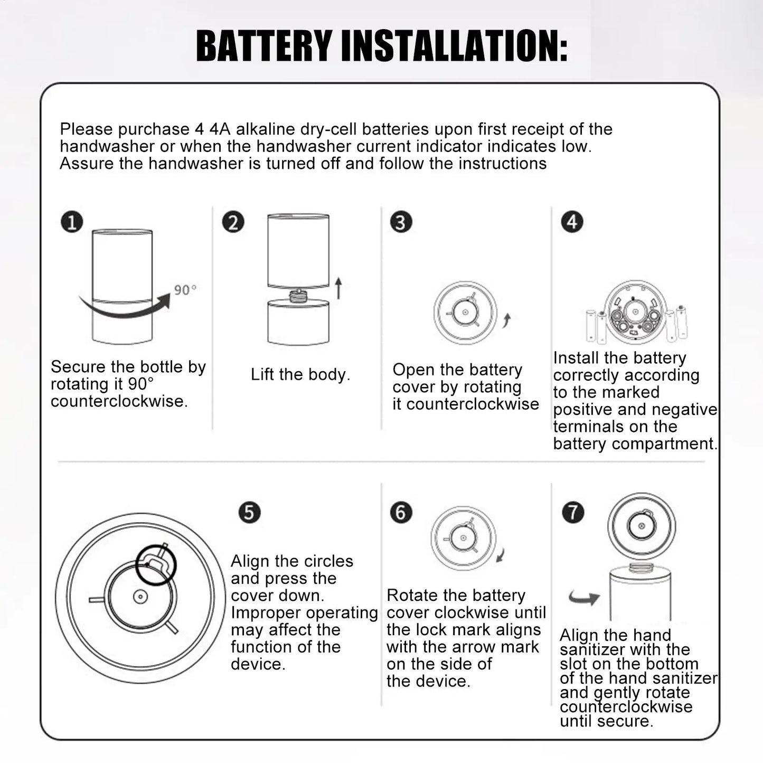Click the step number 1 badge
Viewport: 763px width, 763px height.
[x=72, y=222]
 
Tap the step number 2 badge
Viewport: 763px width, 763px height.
[x=233, y=222]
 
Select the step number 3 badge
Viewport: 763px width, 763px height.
[x=401, y=222]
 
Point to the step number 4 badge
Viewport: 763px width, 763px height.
[x=572, y=222]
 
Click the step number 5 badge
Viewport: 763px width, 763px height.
[x=249, y=512]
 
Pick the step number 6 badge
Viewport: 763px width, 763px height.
[x=401, y=512]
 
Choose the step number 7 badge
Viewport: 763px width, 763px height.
[x=573, y=512]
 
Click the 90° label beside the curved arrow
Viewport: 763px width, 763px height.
[x=185, y=290]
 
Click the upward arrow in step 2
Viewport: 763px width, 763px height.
[x=338, y=288]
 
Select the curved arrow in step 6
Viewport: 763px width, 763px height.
[x=501, y=555]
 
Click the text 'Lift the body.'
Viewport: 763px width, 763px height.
[x=300, y=374]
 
